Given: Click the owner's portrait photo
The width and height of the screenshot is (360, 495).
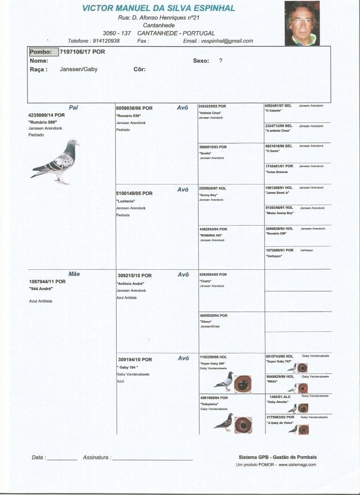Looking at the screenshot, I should [302, 23].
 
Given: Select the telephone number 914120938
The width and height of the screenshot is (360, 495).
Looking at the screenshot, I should [106, 41].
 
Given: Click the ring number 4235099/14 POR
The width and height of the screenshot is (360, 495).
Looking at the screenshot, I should [47, 115].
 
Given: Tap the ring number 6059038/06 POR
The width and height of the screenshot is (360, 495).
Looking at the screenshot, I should [134, 109].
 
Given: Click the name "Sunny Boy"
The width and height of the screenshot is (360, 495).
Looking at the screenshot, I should [208, 195].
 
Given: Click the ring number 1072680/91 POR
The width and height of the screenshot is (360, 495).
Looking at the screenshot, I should [279, 250].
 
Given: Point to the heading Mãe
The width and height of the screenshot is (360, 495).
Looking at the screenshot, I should [74, 274].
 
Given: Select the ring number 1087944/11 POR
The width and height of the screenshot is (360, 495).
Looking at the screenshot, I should [47, 281].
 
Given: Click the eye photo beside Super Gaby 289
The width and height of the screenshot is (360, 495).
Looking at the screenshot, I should [243, 384].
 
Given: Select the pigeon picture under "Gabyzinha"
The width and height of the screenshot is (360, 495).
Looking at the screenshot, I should [224, 422].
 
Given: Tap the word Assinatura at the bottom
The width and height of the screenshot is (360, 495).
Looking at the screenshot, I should [96, 458].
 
